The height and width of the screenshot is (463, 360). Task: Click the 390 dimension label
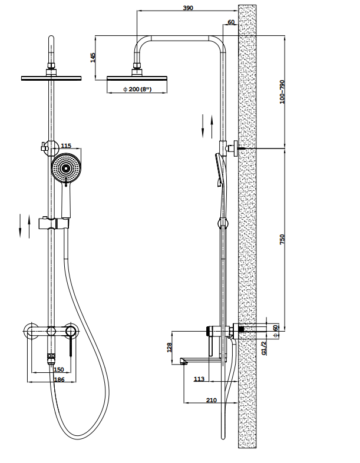pos(188,8)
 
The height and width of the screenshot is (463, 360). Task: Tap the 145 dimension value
pos(93,58)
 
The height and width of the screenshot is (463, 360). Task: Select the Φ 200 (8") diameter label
pos(137,89)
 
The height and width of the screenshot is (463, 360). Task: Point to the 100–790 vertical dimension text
pos(282,92)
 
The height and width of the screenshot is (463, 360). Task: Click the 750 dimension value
pos(282,239)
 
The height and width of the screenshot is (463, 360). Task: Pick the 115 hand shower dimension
pos(66,145)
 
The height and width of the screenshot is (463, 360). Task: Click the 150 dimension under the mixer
pos(59,369)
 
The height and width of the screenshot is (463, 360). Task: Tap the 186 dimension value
pos(60,379)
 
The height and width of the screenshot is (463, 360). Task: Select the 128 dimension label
pos(169,348)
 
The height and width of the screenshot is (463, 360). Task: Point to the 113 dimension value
pos(199,379)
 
